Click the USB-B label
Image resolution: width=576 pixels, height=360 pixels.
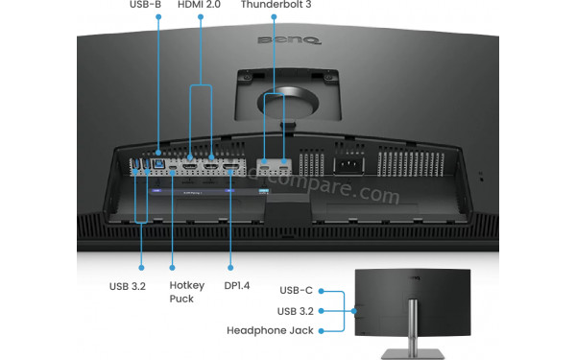[x=146, y=6]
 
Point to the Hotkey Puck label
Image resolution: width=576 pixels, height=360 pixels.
[x=181, y=292]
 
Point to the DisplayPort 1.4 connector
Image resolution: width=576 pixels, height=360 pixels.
[x=231, y=170]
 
